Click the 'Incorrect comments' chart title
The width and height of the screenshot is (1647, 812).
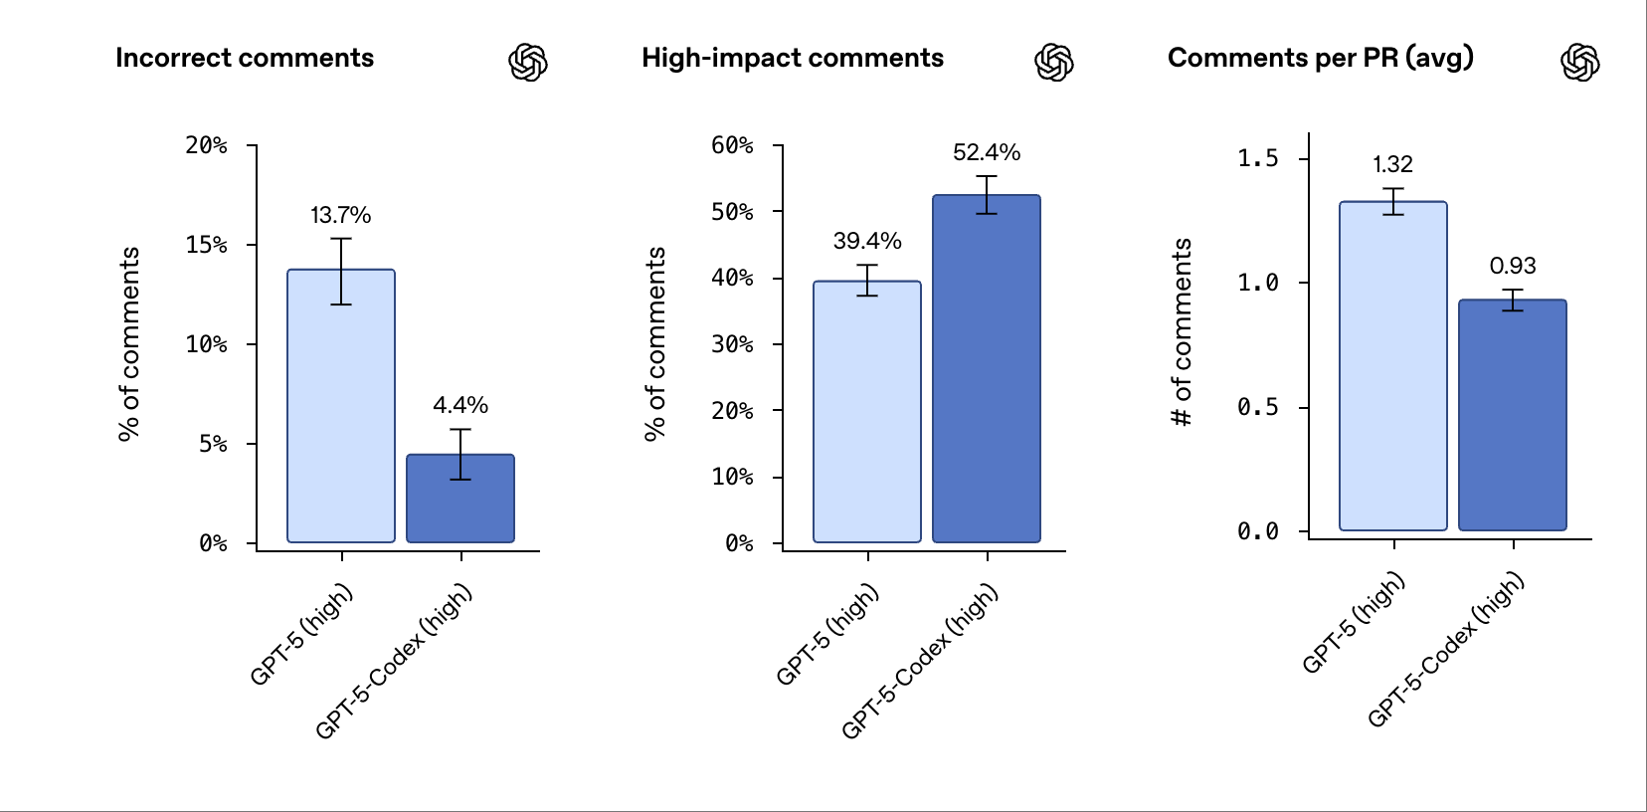coord(245,58)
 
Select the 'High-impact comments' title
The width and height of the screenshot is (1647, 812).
coord(792,58)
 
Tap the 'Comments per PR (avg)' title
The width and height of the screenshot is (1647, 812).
coord(1320,58)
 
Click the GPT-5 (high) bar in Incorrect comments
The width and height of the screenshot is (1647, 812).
coord(341,418)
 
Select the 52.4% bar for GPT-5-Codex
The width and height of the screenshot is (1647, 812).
coord(987,378)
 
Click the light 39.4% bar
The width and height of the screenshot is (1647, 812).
coord(867,418)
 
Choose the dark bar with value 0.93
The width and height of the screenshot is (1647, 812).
coord(1513,418)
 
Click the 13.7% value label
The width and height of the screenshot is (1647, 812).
coord(340,215)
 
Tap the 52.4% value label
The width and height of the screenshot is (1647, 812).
coord(987,152)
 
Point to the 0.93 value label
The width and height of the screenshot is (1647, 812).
coord(1513,266)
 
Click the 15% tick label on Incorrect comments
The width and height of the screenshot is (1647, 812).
coord(206,245)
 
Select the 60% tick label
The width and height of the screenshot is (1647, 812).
coord(732,145)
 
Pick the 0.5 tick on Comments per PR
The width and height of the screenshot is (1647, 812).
coord(1257,407)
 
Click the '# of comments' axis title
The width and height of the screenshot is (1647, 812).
coord(1181,332)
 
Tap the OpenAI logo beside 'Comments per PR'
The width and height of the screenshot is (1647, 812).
coord(1580,63)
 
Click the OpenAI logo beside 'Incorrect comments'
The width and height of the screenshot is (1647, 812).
coord(528,63)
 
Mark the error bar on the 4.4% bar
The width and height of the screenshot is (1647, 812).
coord(460,454)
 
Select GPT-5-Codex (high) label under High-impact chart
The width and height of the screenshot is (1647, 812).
coord(920,662)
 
